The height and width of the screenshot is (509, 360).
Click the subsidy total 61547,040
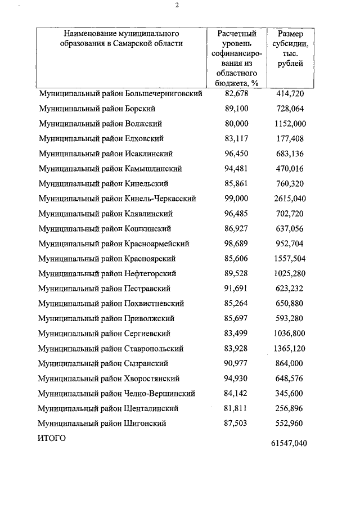[289, 443]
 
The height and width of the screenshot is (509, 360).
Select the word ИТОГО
[52, 438]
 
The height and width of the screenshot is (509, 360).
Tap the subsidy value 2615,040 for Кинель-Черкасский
[290, 199]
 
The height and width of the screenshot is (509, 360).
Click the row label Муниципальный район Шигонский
[102, 423]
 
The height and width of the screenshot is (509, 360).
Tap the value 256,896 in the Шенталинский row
[290, 408]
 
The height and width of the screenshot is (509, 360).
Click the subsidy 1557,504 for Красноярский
[290, 259]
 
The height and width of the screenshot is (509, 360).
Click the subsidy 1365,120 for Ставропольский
[290, 349]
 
